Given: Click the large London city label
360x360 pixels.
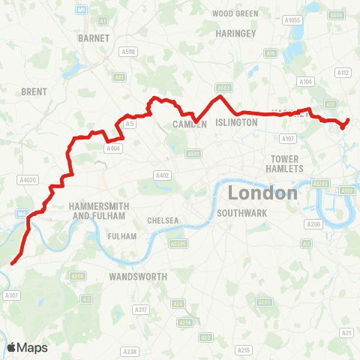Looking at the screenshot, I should pos(262,193).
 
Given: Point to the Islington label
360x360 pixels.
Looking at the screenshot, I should pos(237,122).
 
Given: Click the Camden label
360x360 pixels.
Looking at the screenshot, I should pos(190,124).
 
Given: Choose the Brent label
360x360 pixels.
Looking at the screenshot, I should pos(34,91).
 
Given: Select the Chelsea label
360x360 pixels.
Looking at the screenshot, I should pos(163,220).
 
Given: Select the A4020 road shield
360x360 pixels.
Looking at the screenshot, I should pos(28,180).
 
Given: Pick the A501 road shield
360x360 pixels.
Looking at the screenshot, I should pos(194,154).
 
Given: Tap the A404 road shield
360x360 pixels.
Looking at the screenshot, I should pos(113,148).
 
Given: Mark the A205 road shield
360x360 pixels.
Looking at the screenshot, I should pos(265,302).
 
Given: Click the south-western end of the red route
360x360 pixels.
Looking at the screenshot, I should pos(12,263).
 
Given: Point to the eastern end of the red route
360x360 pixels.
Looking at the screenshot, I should pos(349,120).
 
